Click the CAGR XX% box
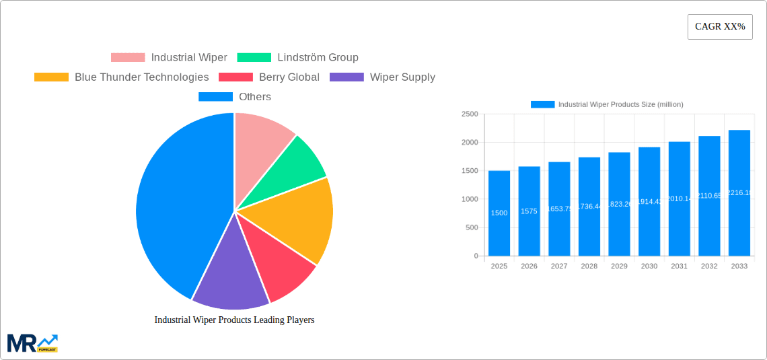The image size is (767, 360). point(720,27)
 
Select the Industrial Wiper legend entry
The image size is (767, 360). point(169,58)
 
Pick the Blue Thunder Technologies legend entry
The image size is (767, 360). point(121,77)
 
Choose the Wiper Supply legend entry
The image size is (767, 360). point(382,77)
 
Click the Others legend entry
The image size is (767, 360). point(234,97)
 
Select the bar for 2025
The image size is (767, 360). point(499,213)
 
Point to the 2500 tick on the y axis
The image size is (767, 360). point(469,114)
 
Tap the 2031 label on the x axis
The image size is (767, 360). point(679,266)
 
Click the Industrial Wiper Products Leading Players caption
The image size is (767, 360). point(234,320)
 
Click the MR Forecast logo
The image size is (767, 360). point(32,343)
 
